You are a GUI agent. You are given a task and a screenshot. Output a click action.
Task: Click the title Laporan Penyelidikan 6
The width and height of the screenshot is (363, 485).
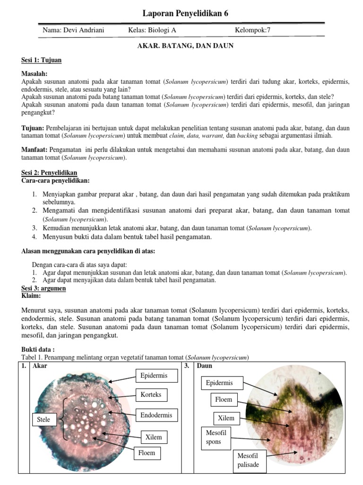[x=185, y=13]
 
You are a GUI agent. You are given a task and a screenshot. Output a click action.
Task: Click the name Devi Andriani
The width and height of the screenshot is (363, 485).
[x=73, y=31]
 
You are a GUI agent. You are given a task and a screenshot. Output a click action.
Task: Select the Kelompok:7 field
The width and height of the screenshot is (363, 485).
[x=252, y=31]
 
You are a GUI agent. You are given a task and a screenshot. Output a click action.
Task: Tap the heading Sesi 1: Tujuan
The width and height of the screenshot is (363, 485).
[x=42, y=61]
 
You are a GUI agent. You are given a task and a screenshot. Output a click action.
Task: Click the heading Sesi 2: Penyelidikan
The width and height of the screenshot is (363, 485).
[x=49, y=173]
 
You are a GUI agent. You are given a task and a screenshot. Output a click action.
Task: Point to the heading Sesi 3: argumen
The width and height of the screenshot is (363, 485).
[x=44, y=288]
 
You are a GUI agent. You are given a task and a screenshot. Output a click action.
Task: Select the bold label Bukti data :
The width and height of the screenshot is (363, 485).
[x=39, y=349]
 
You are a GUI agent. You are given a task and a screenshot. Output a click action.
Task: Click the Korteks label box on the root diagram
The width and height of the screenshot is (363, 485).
[x=151, y=395]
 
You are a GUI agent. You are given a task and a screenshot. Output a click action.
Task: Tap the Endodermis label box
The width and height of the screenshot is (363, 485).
[x=156, y=415]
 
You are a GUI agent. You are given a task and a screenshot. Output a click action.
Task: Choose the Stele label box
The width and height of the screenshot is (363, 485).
[x=43, y=420]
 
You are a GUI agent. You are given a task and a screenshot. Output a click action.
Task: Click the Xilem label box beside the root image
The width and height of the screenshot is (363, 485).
[x=154, y=437]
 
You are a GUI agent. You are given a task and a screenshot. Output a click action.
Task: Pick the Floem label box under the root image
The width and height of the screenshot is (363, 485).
[x=146, y=453]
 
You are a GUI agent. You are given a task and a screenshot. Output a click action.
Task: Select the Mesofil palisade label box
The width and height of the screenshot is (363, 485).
[x=248, y=460]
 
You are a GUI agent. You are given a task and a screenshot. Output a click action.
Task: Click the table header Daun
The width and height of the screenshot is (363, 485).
[x=204, y=366]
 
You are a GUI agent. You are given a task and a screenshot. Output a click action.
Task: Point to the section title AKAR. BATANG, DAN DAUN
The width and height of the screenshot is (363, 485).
[x=185, y=46]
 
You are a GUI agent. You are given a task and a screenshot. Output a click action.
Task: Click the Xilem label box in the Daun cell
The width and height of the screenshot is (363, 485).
[x=226, y=418]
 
